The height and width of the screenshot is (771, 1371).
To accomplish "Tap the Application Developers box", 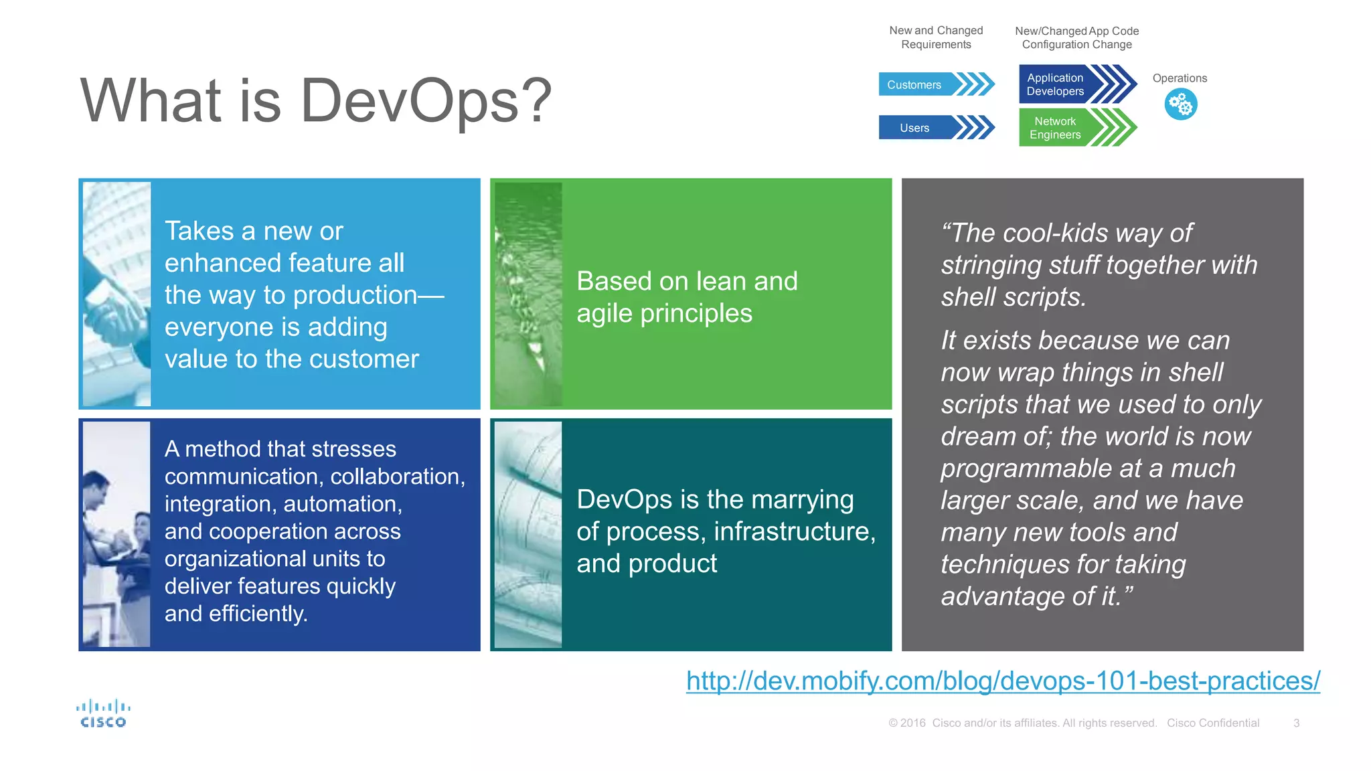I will pos(1064,84).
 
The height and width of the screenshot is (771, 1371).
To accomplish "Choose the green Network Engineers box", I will pos(1064,127).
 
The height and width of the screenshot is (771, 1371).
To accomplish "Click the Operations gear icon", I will pos(1180,104).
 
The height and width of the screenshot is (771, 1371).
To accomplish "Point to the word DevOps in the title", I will pos(410,100).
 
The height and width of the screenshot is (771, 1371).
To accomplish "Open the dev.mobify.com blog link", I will pos(1002,681).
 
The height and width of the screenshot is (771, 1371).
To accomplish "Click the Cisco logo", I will pos(103,714).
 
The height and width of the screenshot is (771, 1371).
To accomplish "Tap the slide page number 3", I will pos(1296,723).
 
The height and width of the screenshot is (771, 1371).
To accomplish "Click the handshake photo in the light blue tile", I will pos(116,294).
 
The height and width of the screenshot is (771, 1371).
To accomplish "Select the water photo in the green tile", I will pos(528,294).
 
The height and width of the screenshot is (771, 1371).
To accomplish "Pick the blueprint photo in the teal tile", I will pos(528,534).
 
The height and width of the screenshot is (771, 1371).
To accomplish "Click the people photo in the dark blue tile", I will pos(116,534).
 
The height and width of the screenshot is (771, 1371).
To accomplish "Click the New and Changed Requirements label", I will pos(936,37).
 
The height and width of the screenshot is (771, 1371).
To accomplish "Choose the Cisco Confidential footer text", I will pos(1212,723).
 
